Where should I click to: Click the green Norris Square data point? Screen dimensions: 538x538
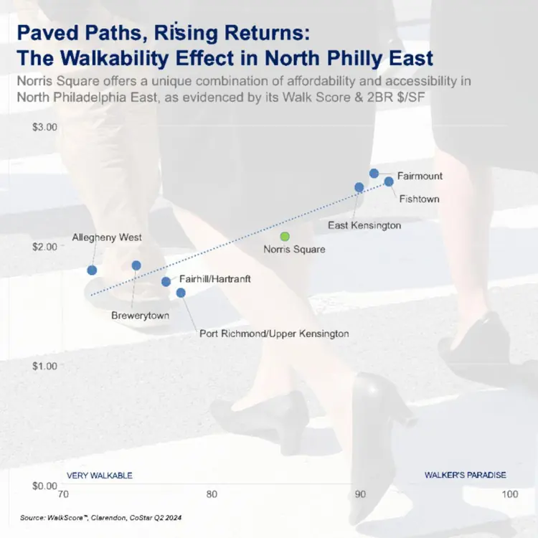point(285,237)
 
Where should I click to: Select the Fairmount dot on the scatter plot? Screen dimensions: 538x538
point(374,174)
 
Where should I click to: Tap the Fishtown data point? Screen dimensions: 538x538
point(389,181)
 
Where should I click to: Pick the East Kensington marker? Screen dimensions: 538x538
point(359,187)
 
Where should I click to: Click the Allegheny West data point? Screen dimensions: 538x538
point(92,270)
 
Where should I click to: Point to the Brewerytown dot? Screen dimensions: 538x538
point(136,265)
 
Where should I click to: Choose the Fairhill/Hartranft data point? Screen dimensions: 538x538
point(166,282)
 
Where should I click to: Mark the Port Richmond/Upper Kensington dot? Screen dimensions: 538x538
point(181,293)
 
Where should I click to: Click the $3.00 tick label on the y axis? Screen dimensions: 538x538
point(44,127)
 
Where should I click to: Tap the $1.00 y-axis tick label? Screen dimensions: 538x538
point(44,366)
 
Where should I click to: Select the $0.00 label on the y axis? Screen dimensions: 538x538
point(44,486)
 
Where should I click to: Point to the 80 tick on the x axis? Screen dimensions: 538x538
point(212,494)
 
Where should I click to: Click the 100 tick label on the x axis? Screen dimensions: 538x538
point(510,494)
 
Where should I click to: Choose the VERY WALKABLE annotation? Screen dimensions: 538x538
point(100,476)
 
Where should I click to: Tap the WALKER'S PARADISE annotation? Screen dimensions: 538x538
point(466,475)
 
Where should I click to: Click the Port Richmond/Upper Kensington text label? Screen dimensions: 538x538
point(274,334)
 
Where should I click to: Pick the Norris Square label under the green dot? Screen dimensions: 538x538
point(294,249)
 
